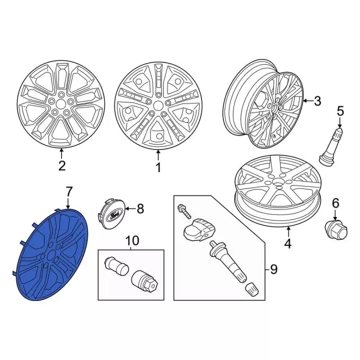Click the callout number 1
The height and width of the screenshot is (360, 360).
(158, 168)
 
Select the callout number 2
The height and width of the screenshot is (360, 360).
(62, 165)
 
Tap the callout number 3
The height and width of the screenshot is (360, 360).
(317, 101)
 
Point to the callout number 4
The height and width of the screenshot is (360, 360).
(288, 244)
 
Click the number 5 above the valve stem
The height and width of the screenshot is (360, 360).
(340, 111)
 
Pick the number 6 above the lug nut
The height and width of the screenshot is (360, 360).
(336, 203)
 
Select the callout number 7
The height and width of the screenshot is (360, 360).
(69, 192)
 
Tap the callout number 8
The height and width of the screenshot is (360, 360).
(140, 209)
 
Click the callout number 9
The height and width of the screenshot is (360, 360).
(273, 269)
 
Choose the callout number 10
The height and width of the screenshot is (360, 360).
(133, 241)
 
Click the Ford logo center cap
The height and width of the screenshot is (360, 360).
(111, 214)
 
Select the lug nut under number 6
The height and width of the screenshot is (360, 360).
(336, 230)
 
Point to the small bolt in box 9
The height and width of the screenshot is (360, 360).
(184, 210)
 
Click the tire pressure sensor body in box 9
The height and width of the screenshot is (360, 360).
(199, 230)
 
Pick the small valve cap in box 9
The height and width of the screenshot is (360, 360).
(253, 290)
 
